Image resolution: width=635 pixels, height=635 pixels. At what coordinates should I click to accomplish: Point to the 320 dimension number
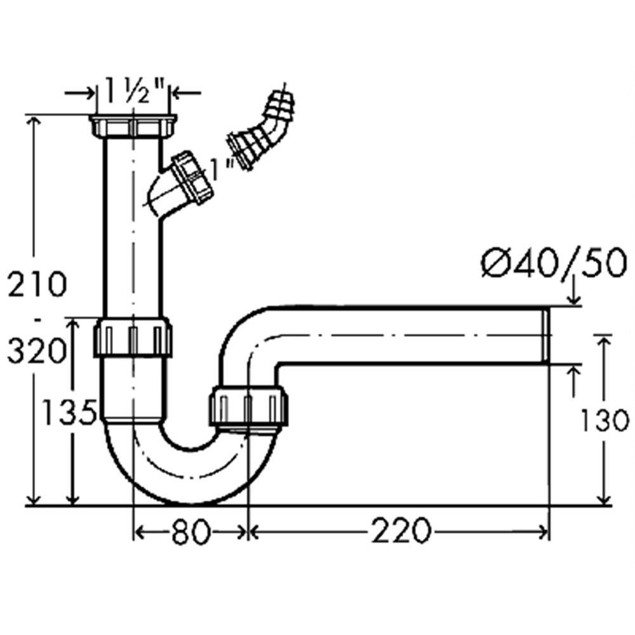point(37,350)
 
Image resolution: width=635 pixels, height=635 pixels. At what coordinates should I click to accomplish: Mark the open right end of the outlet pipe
point(545,335)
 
